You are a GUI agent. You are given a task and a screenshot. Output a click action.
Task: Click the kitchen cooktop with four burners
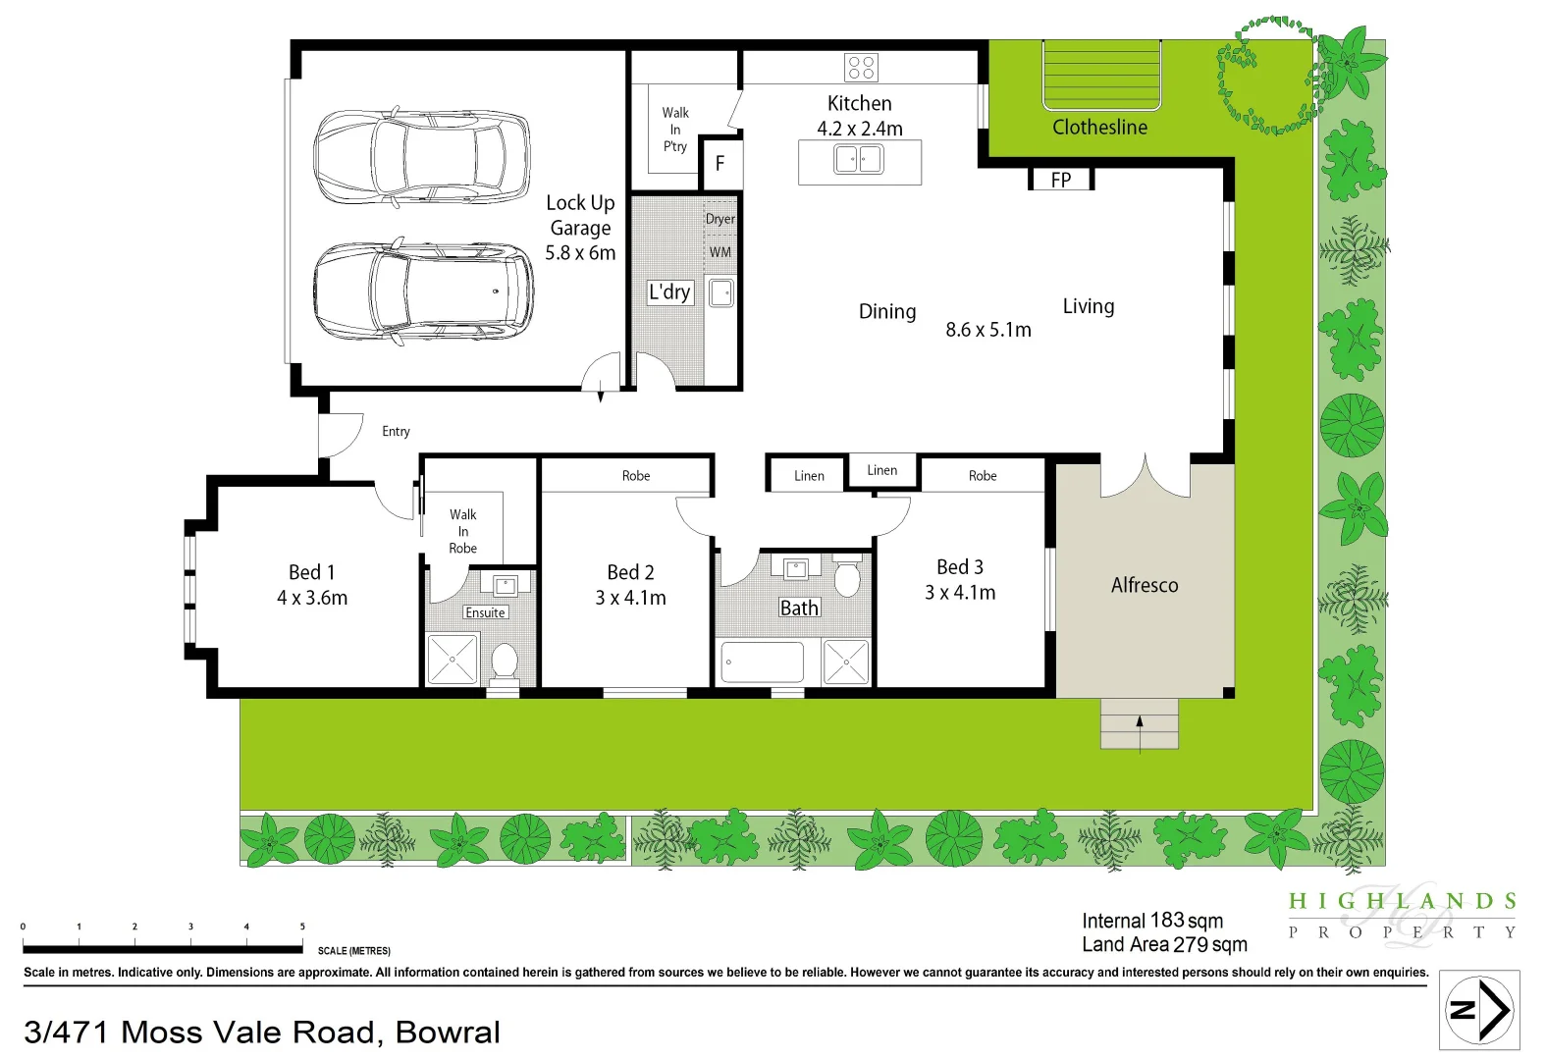click(x=861, y=68)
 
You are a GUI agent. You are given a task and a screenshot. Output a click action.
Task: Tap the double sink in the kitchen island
click(x=859, y=159)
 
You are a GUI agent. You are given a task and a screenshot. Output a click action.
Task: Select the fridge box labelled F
click(x=720, y=164)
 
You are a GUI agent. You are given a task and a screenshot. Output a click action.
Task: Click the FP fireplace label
click(x=1060, y=181)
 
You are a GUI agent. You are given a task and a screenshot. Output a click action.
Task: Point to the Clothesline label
click(x=1099, y=128)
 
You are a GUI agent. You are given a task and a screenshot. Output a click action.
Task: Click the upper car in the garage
click(x=421, y=157)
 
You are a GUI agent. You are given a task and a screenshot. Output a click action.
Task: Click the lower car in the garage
click(x=423, y=291)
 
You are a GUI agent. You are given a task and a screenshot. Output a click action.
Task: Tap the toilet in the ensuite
click(x=505, y=660)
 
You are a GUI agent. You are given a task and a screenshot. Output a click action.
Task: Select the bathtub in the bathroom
click(x=762, y=662)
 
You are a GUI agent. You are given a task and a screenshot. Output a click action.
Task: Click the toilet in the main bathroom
click(x=846, y=577)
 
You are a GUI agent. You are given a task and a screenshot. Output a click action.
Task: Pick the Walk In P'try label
click(x=675, y=130)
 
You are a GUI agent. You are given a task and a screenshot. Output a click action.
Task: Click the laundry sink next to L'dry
click(x=721, y=292)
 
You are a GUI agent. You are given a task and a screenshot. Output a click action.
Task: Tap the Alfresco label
click(x=1145, y=585)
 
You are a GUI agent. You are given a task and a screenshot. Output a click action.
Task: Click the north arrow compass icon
click(x=1479, y=1010)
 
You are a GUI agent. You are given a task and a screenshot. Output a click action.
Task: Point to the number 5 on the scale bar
click(x=302, y=927)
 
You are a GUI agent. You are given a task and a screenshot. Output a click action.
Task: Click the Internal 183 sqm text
click(x=1152, y=921)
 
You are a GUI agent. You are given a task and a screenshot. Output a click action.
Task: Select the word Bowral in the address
click(x=448, y=1033)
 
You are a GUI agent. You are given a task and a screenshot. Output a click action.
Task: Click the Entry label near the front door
click(x=396, y=431)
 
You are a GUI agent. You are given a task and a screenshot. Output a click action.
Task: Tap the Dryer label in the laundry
click(x=720, y=219)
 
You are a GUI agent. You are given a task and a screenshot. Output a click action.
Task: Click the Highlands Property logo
click(x=1402, y=915)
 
